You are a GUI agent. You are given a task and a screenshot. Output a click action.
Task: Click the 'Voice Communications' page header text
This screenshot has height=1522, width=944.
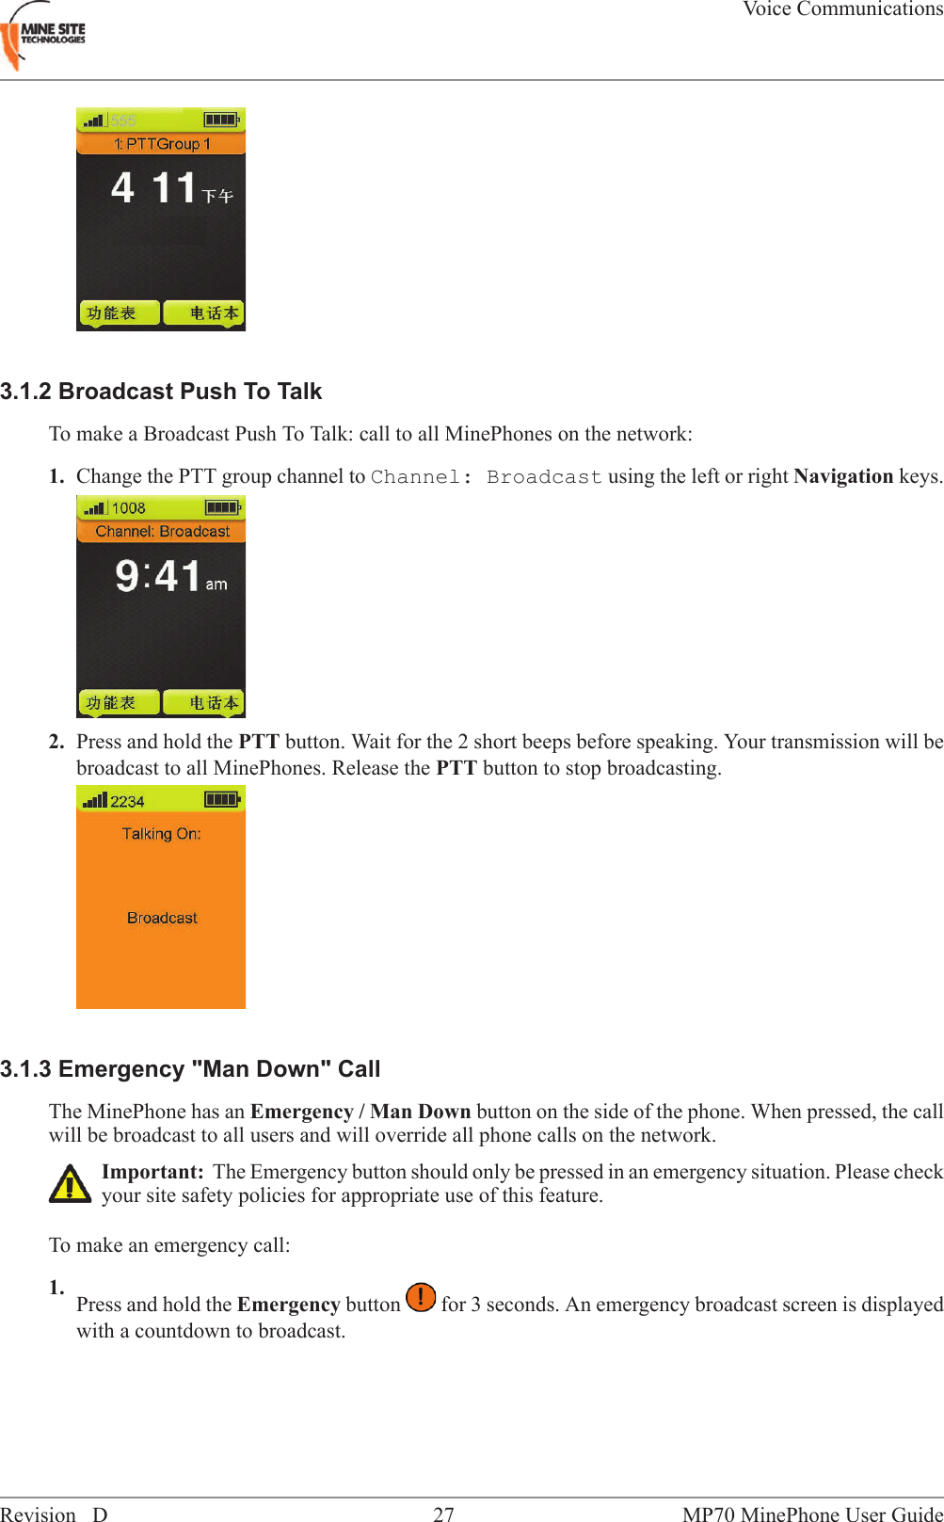point(842,9)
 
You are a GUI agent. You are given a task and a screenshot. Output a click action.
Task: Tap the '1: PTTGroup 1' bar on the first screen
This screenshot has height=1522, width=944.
point(161,144)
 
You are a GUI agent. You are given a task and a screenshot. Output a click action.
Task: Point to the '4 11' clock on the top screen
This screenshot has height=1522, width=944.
point(155,187)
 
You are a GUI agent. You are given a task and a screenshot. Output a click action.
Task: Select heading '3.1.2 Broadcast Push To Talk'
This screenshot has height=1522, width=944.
point(161,392)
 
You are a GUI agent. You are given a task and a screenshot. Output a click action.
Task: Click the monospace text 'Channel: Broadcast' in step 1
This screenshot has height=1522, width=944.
point(486,477)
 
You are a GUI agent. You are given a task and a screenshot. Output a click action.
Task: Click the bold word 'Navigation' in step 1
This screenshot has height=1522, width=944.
point(842,476)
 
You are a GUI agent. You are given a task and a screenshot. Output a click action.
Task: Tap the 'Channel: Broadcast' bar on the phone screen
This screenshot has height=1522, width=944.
point(162,532)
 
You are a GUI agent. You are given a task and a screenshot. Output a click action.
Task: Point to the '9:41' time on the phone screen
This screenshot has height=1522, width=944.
point(158,576)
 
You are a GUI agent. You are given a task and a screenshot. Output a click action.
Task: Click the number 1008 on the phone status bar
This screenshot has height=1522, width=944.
point(129,508)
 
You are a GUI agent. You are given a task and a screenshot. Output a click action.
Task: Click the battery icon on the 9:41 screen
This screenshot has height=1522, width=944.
point(223,508)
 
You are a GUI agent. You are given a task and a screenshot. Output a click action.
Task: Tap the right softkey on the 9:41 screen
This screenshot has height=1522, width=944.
point(204,703)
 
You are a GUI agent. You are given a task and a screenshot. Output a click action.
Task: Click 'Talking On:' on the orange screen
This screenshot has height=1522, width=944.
point(161,834)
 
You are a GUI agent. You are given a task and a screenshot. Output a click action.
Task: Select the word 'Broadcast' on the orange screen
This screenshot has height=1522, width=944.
point(162,918)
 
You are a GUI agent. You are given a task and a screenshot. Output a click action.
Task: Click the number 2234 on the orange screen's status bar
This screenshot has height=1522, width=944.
point(127,801)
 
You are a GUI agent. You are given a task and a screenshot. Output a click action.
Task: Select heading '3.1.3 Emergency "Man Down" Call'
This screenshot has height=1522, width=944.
point(190,1069)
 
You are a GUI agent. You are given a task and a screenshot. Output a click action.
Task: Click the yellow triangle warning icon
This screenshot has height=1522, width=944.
point(70,1184)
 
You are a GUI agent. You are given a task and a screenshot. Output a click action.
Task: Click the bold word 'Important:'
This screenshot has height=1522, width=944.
point(152,1172)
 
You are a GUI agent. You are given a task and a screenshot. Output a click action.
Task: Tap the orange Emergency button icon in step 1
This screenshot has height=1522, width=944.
point(421,1297)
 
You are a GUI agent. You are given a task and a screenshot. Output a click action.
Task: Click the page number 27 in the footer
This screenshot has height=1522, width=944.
point(443,1514)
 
